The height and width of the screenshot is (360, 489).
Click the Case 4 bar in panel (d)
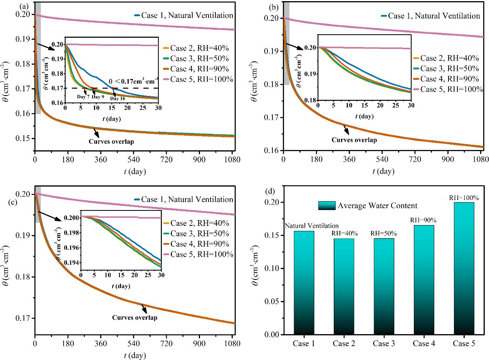(423, 280)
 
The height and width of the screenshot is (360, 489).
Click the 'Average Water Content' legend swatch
(327, 205)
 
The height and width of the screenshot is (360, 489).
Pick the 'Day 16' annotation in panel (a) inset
(118, 98)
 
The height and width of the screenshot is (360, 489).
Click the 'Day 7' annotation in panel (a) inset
(82, 97)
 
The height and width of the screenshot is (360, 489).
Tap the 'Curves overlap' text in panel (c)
(134, 318)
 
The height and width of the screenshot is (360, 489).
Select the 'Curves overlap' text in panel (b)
(354, 140)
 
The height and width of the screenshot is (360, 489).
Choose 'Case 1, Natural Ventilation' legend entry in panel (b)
(434, 16)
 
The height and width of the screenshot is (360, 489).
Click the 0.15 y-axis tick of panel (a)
(24, 138)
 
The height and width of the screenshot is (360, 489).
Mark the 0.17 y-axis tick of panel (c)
(24, 318)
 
